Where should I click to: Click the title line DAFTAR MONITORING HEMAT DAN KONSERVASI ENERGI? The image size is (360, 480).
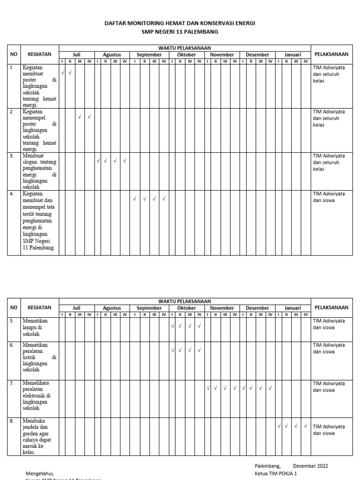point(180,23)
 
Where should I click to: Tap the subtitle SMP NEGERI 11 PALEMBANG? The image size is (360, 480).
point(180,31)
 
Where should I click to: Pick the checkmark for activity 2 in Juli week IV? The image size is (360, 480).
point(89,116)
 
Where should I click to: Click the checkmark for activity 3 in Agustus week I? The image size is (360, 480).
point(98,161)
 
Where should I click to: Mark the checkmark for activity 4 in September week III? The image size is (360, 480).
point(154,199)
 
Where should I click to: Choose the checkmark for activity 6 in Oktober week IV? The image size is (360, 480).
point(199,350)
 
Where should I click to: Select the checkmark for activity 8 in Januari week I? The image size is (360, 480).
point(278,426)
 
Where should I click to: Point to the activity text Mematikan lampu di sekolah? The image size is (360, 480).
point(32,327)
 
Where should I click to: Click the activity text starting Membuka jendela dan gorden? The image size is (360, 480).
point(37,436)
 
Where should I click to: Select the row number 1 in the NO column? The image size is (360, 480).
point(11,67)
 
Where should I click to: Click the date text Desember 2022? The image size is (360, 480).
point(310,466)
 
